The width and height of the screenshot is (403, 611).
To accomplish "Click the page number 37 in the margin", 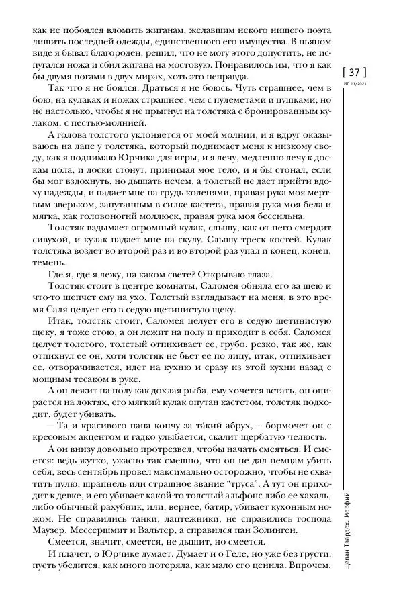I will point(355,72).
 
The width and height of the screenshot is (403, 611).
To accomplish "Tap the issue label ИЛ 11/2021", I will point(355,85).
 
